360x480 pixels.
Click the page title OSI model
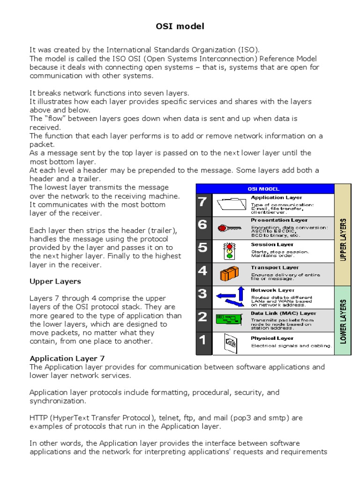click(x=180, y=27)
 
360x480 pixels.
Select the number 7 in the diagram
click(x=202, y=202)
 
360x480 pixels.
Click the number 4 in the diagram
click(x=202, y=271)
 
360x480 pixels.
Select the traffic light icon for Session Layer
click(x=229, y=250)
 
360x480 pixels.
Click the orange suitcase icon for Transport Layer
click(x=230, y=273)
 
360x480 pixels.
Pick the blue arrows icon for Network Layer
click(x=230, y=296)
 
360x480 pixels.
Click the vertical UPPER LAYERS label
click(x=343, y=239)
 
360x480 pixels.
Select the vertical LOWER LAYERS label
click(x=343, y=322)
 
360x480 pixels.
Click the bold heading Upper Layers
click(x=55, y=282)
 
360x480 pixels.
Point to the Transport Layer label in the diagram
click(x=272, y=268)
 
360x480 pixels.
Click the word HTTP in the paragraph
click(x=38, y=418)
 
